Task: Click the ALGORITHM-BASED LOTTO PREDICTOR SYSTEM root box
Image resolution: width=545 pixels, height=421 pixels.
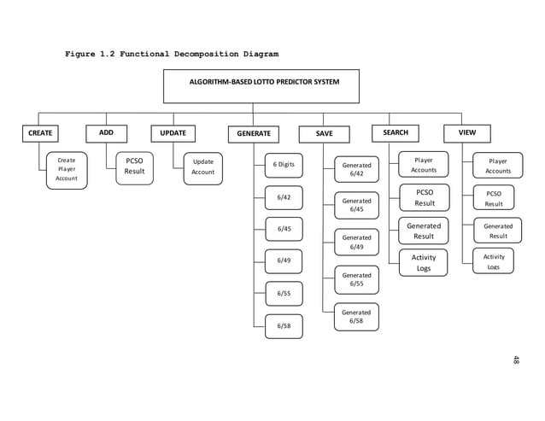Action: click(261, 85)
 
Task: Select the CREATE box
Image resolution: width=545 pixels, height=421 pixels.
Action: click(40, 133)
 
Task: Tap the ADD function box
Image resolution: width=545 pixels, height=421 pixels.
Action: click(107, 133)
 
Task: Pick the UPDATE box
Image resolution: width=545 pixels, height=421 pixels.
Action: click(173, 133)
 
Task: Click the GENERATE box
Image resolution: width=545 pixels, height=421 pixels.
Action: click(253, 134)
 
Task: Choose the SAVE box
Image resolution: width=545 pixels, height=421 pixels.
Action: click(325, 134)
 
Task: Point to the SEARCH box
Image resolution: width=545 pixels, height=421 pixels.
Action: click(396, 133)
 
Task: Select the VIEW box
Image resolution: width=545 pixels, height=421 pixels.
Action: click(467, 133)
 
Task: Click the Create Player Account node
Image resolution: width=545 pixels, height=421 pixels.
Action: click(67, 169)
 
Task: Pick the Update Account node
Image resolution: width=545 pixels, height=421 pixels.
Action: click(203, 167)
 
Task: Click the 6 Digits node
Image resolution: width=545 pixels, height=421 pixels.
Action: click(284, 165)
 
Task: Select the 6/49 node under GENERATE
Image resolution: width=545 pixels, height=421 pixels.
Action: click(284, 260)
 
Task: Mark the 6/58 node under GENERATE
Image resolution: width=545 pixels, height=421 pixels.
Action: click(284, 325)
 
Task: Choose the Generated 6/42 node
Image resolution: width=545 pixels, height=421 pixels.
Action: click(356, 170)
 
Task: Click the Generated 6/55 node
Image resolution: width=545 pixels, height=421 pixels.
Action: click(356, 280)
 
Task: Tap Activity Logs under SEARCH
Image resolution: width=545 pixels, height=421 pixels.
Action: click(424, 263)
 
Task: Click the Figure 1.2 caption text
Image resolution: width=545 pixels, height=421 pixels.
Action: click(172, 55)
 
